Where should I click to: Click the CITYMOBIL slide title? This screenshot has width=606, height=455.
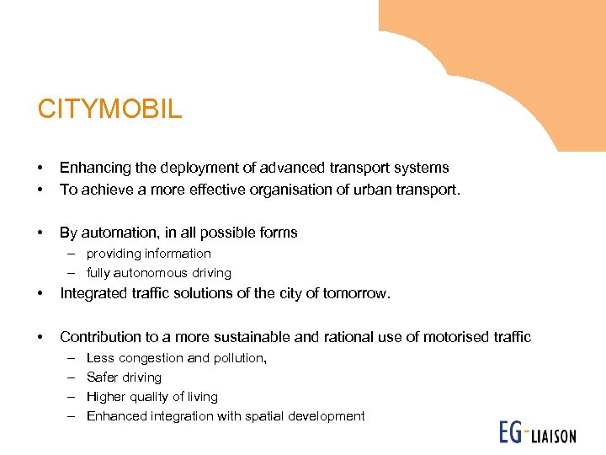109,110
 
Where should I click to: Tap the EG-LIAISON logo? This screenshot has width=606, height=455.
537,433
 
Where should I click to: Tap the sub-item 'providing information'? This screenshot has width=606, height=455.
148,254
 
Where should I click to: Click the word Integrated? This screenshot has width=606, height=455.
94,294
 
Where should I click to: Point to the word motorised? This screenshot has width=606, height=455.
458,337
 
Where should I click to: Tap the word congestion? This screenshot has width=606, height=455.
150,358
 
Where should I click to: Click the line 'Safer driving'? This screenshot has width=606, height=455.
124,377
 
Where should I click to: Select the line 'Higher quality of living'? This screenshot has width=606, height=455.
151,397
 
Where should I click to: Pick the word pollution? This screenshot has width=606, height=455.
240,358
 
